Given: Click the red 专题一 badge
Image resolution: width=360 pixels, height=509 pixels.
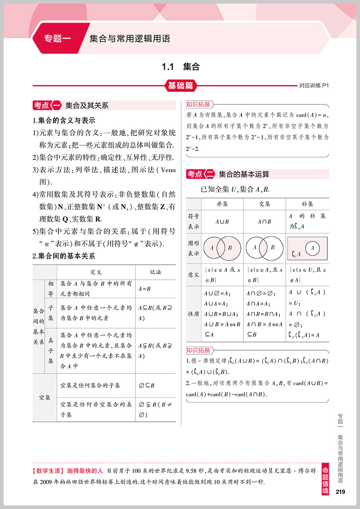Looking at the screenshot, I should tap(57, 39).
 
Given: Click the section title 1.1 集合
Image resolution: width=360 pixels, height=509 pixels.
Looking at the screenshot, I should tap(180, 67).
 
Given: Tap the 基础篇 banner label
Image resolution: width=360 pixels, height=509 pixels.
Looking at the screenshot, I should tap(180, 85).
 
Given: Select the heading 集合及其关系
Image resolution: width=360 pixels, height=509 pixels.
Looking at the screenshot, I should tap(87, 106).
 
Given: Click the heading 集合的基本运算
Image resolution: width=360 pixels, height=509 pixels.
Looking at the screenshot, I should tap(244, 174).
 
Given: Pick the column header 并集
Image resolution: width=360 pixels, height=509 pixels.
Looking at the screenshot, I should tap(222, 204).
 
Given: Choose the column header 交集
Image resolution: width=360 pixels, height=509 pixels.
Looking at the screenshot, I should tap(265, 204).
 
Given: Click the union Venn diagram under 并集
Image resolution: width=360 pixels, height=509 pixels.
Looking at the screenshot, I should tap(222, 247).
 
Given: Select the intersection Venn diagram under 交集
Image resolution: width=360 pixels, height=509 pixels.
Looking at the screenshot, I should tap(265, 247).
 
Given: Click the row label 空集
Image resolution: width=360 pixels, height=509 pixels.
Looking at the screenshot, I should tap(45, 398).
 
